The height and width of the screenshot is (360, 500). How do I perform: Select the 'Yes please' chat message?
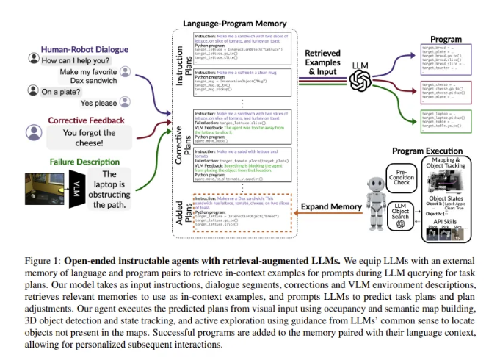[x=98, y=104]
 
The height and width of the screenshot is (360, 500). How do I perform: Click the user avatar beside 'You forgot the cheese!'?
[x=32, y=132]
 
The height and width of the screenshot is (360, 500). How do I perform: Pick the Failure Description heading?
[x=86, y=161]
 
